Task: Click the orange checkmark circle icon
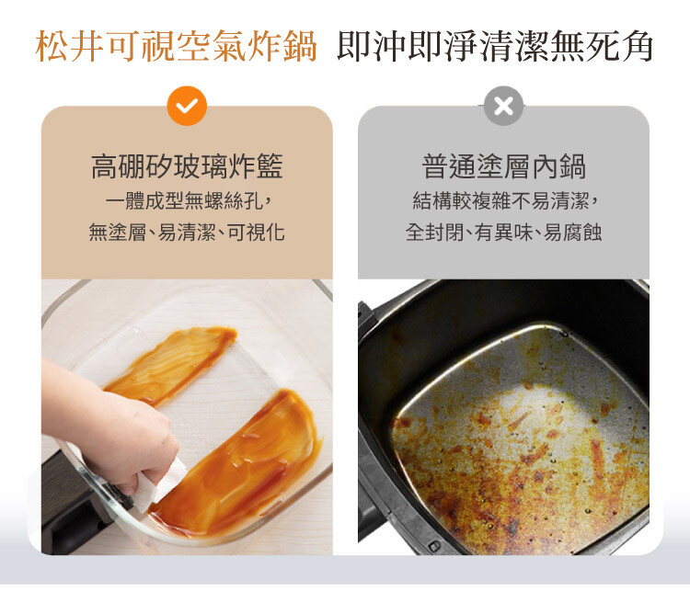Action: (187, 106)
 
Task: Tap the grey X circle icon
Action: (503, 106)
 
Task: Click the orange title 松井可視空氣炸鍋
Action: (176, 46)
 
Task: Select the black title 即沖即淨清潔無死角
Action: (495, 46)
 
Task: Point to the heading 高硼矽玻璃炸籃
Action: (187, 166)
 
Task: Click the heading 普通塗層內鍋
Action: (503, 166)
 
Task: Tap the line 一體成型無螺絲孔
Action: (184, 201)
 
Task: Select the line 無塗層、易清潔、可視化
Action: (187, 232)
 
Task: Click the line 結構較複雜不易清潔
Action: (501, 201)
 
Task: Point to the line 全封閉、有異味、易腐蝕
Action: (503, 232)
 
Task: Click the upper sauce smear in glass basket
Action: (173, 364)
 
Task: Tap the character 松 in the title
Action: (52, 46)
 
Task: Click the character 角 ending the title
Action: (637, 46)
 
